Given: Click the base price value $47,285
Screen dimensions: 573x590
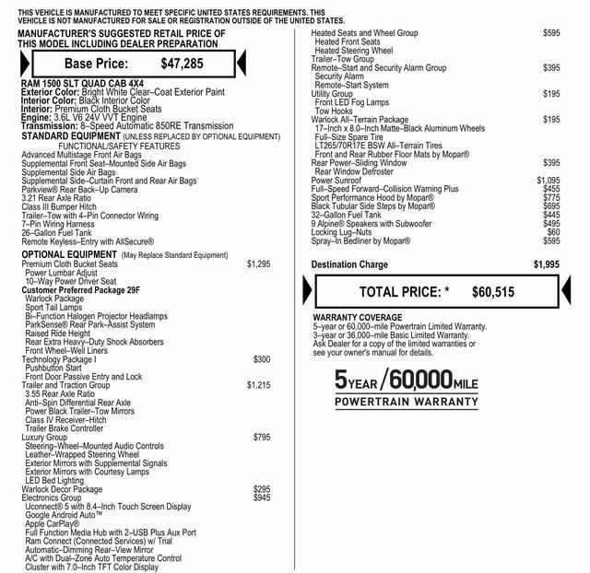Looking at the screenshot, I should pyautogui.click(x=182, y=64).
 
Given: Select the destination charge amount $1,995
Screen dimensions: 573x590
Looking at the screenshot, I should pyautogui.click(x=546, y=264).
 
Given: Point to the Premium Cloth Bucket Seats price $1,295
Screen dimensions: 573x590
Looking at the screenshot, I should pyautogui.click(x=258, y=264).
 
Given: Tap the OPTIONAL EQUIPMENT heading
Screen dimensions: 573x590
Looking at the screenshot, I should pyautogui.click(x=69, y=254).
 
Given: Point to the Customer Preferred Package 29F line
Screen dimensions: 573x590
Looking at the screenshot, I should pyautogui.click(x=81, y=290).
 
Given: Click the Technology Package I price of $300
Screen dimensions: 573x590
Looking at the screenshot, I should pyautogui.click(x=261, y=359).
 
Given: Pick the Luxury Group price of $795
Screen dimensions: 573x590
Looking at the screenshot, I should pyautogui.click(x=261, y=437).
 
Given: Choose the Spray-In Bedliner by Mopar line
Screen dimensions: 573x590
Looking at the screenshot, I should pyautogui.click(x=360, y=241).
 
